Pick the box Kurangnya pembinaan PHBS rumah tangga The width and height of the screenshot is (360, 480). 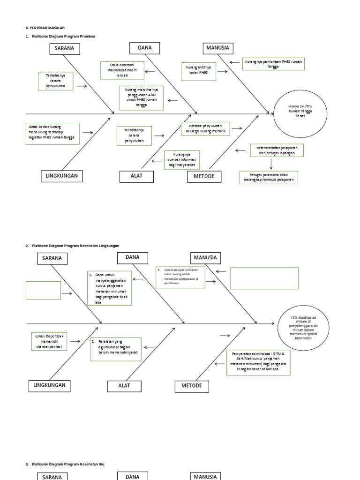273,64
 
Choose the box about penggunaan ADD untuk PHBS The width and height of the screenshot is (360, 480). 142,97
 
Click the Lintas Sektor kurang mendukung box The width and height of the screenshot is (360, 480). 52,134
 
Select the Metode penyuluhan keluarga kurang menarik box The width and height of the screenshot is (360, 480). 205,129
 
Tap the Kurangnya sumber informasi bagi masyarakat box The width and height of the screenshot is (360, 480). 181,160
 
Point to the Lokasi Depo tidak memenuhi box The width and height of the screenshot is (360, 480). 50,341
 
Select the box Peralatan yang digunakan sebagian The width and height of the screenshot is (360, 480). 115,349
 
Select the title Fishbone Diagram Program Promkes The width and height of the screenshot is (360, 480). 63,36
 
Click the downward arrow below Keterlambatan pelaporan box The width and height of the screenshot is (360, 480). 271,164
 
